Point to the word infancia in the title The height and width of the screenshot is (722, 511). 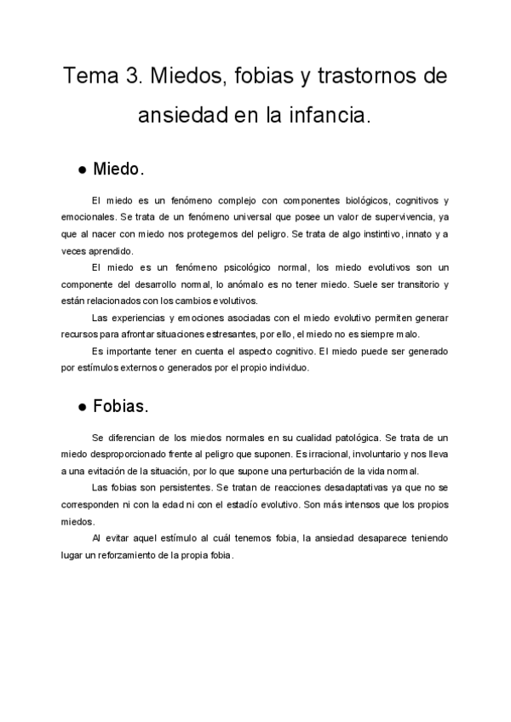tap(330, 114)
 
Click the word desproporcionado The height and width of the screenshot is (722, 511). tap(127, 453)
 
